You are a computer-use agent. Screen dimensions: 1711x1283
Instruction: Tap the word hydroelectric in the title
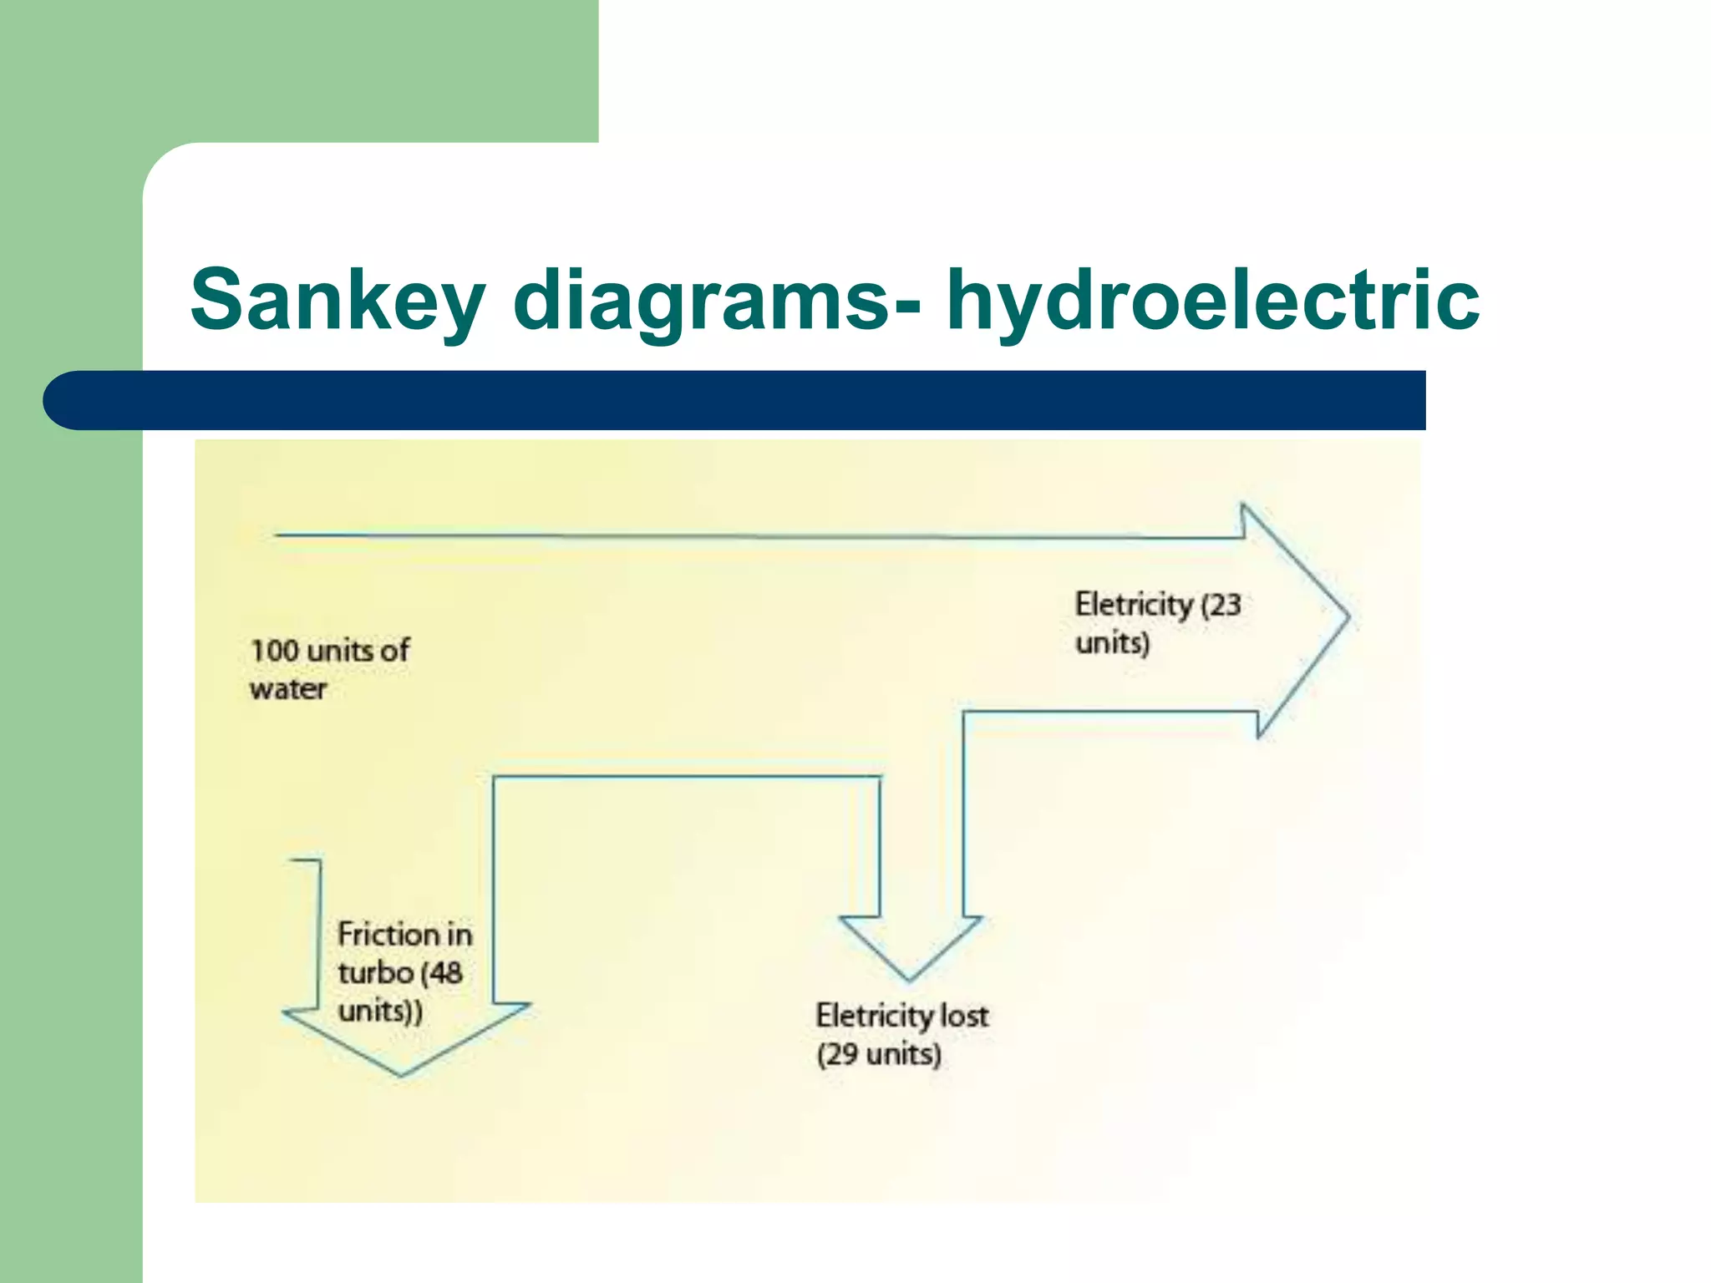(x=1212, y=299)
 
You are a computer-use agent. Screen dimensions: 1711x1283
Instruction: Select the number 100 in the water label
(x=274, y=651)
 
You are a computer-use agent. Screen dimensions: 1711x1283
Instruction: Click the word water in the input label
(x=287, y=690)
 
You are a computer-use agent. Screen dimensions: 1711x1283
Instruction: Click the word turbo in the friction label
(x=376, y=973)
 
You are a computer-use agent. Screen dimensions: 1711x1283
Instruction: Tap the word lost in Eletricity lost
(x=964, y=1016)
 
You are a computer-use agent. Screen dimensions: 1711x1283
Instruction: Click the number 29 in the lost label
(x=842, y=1054)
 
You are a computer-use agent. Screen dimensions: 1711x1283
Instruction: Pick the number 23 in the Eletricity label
(x=1225, y=605)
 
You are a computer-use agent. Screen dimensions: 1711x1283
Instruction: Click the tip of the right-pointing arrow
(x=1347, y=618)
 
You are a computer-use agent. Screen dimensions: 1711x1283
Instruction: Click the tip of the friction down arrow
(x=401, y=1074)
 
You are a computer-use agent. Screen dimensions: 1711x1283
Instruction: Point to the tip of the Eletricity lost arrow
(x=909, y=979)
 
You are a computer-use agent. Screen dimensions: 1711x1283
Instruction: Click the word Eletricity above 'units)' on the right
(x=1134, y=605)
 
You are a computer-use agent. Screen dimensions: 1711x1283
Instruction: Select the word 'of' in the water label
(x=394, y=651)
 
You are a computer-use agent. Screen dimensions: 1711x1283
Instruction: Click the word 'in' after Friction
(x=459, y=934)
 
